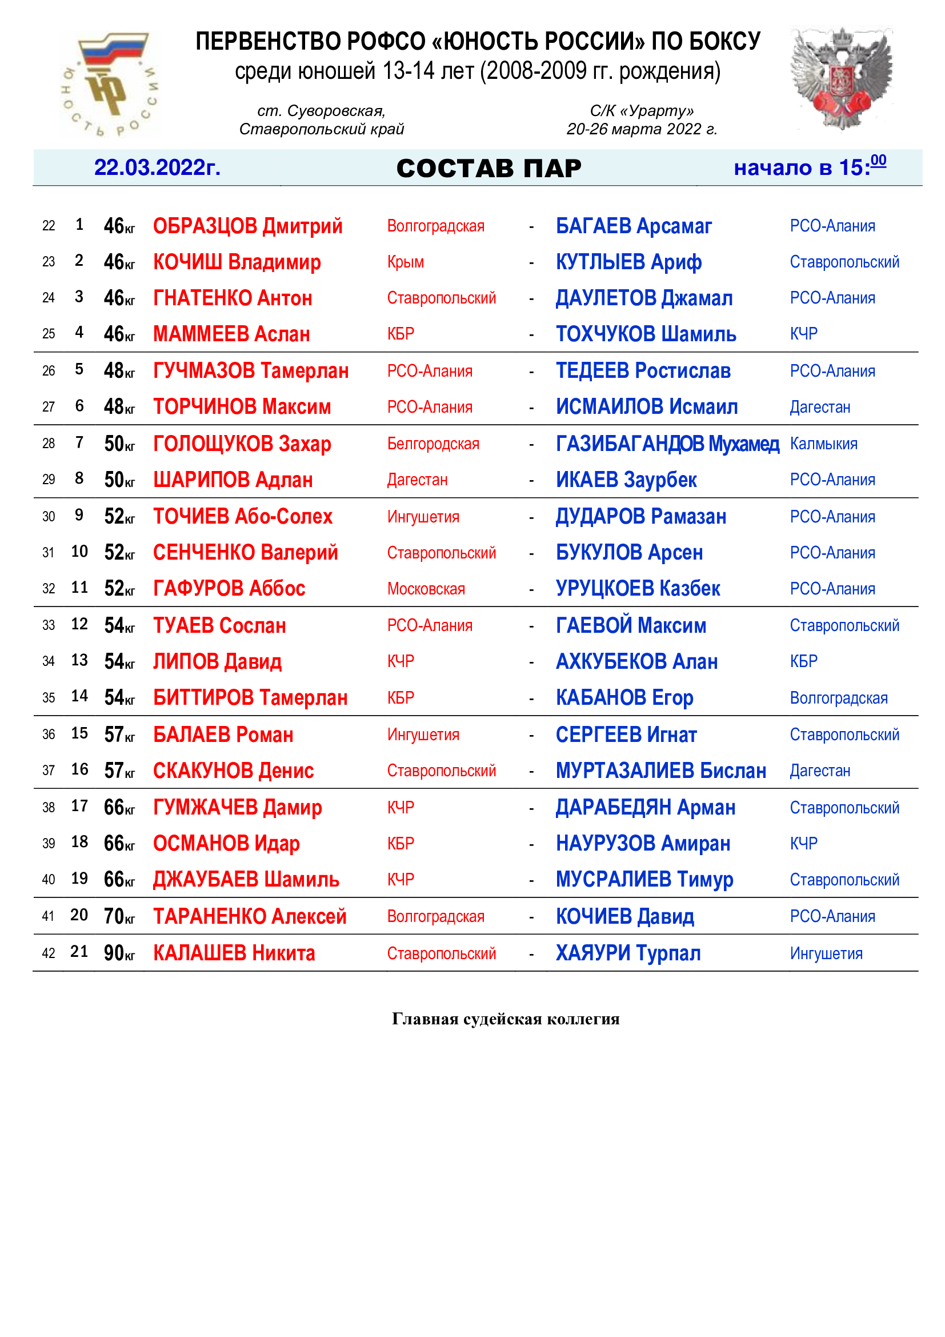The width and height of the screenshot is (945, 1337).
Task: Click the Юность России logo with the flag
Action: click(x=110, y=85)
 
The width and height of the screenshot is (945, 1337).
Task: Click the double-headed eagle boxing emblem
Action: click(x=842, y=79)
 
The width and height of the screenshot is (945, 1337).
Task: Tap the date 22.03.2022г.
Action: click(x=157, y=167)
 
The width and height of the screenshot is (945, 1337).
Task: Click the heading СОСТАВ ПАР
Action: click(x=489, y=169)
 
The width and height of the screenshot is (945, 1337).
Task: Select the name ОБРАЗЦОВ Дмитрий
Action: click(x=247, y=226)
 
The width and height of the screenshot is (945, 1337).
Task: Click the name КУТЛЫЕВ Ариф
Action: click(x=628, y=262)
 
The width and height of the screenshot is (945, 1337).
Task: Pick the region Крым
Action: click(x=406, y=262)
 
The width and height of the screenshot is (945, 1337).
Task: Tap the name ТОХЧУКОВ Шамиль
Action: click(x=646, y=334)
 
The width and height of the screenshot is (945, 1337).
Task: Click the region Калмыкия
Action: click(x=823, y=444)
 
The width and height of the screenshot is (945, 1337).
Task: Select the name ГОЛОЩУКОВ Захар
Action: click(x=242, y=444)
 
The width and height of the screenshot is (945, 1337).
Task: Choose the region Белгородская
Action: click(x=433, y=444)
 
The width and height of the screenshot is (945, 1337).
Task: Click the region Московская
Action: click(x=426, y=589)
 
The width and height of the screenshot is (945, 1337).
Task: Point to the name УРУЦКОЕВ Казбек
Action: click(x=638, y=589)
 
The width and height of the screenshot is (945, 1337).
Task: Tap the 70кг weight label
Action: click(x=119, y=916)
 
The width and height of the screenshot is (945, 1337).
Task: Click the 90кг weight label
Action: click(x=119, y=953)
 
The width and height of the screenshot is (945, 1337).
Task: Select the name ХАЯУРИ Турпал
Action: click(x=628, y=953)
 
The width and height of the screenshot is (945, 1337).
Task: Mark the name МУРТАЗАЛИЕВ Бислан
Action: click(x=660, y=771)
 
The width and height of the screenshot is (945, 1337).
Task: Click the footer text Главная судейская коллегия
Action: click(x=506, y=1019)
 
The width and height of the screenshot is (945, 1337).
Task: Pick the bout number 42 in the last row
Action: click(x=49, y=954)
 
